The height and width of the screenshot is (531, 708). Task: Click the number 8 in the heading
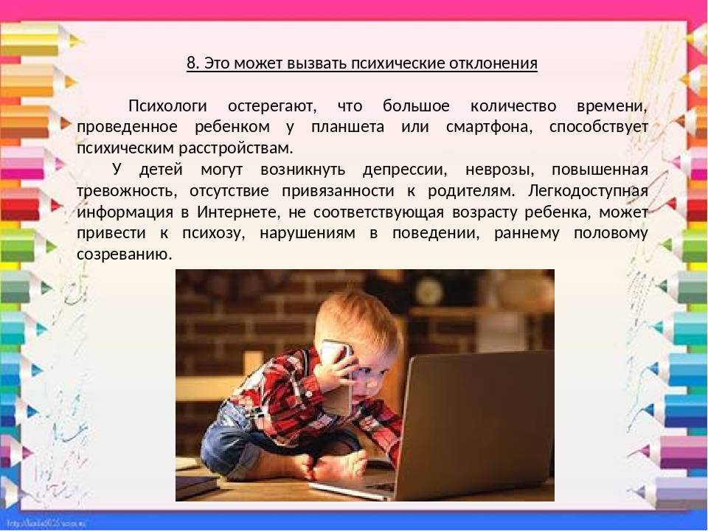pyautogui.click(x=192, y=63)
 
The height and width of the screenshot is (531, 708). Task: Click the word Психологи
pyautogui.click(x=167, y=106)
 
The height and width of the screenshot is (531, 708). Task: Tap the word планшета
pyautogui.click(x=347, y=127)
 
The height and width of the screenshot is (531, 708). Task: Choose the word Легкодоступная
pyautogui.click(x=588, y=191)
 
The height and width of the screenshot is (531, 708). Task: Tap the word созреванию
pyautogui.click(x=125, y=254)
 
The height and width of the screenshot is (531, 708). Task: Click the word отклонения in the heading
pyautogui.click(x=493, y=63)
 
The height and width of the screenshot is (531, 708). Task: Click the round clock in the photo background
pyautogui.click(x=430, y=292)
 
